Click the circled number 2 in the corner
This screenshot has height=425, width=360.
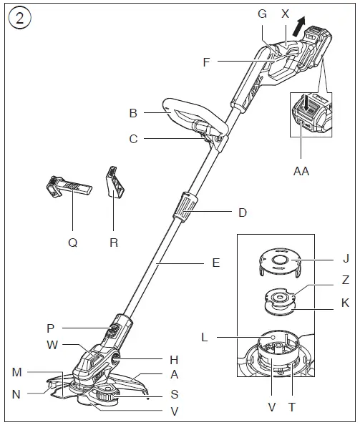[19, 18]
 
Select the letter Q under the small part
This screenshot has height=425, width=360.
[72, 242]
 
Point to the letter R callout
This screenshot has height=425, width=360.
[114, 242]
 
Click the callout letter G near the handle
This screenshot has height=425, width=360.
[261, 14]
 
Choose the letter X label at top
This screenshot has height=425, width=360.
[286, 14]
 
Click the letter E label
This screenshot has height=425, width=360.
[215, 263]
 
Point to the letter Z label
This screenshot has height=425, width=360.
[345, 280]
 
